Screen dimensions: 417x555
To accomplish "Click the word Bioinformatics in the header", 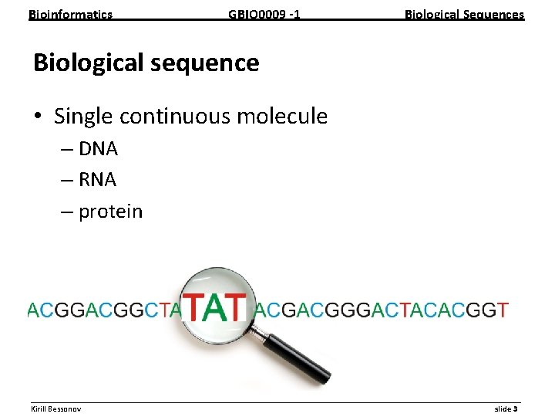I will tap(70, 14).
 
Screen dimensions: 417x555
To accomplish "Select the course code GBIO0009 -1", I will tap(264, 14).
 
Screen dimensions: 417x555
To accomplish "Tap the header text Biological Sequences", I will tap(464, 14).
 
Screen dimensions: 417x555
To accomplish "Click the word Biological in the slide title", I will tap(86, 63).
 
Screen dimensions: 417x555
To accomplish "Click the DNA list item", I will tap(97, 148).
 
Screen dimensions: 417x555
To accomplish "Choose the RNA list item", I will tap(97, 180).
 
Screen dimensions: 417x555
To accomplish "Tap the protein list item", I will tap(110, 212).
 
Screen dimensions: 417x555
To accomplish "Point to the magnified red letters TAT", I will tap(215, 307).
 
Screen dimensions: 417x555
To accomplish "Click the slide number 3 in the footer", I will tap(515, 409).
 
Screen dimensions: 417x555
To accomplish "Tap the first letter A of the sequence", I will tap(32, 310).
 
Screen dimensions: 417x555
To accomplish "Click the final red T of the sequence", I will tap(503, 310).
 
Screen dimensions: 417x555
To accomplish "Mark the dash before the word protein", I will tap(66, 212).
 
